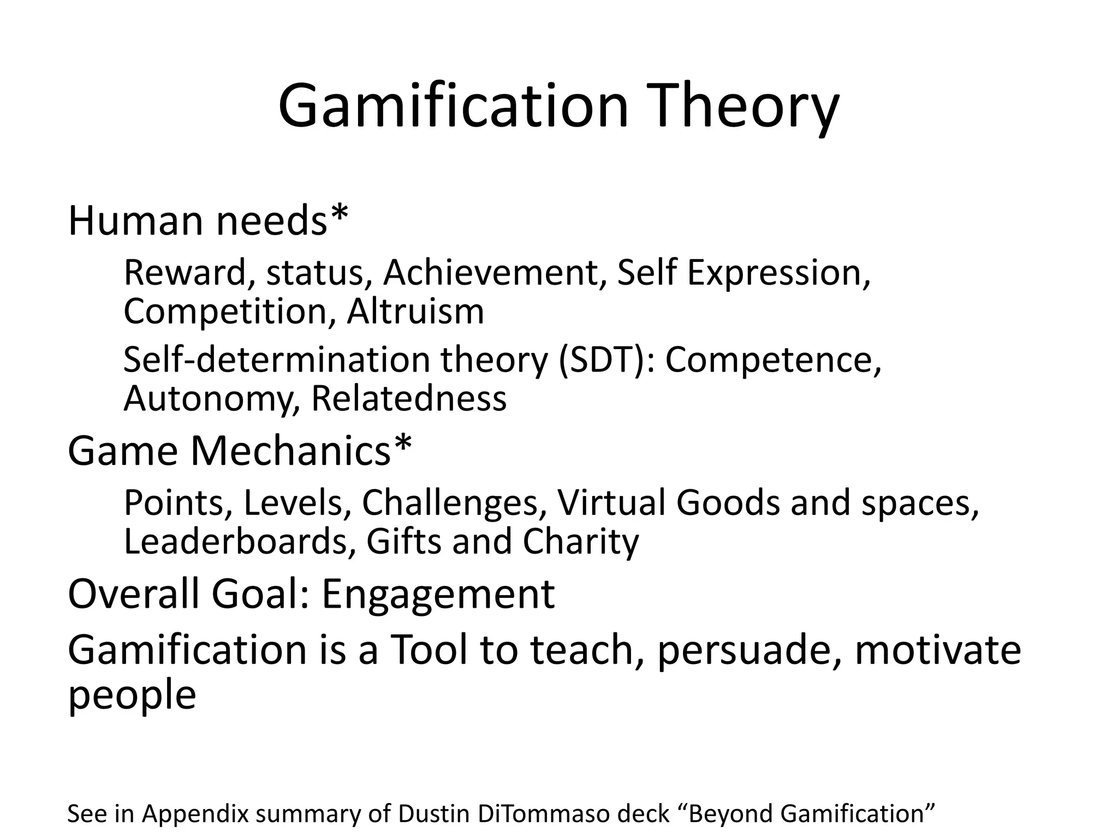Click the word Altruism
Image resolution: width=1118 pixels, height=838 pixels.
(x=415, y=312)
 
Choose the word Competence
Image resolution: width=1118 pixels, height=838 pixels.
(x=772, y=360)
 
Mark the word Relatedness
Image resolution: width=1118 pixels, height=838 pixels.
(x=408, y=399)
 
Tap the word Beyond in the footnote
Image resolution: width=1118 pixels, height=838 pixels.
(x=730, y=813)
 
